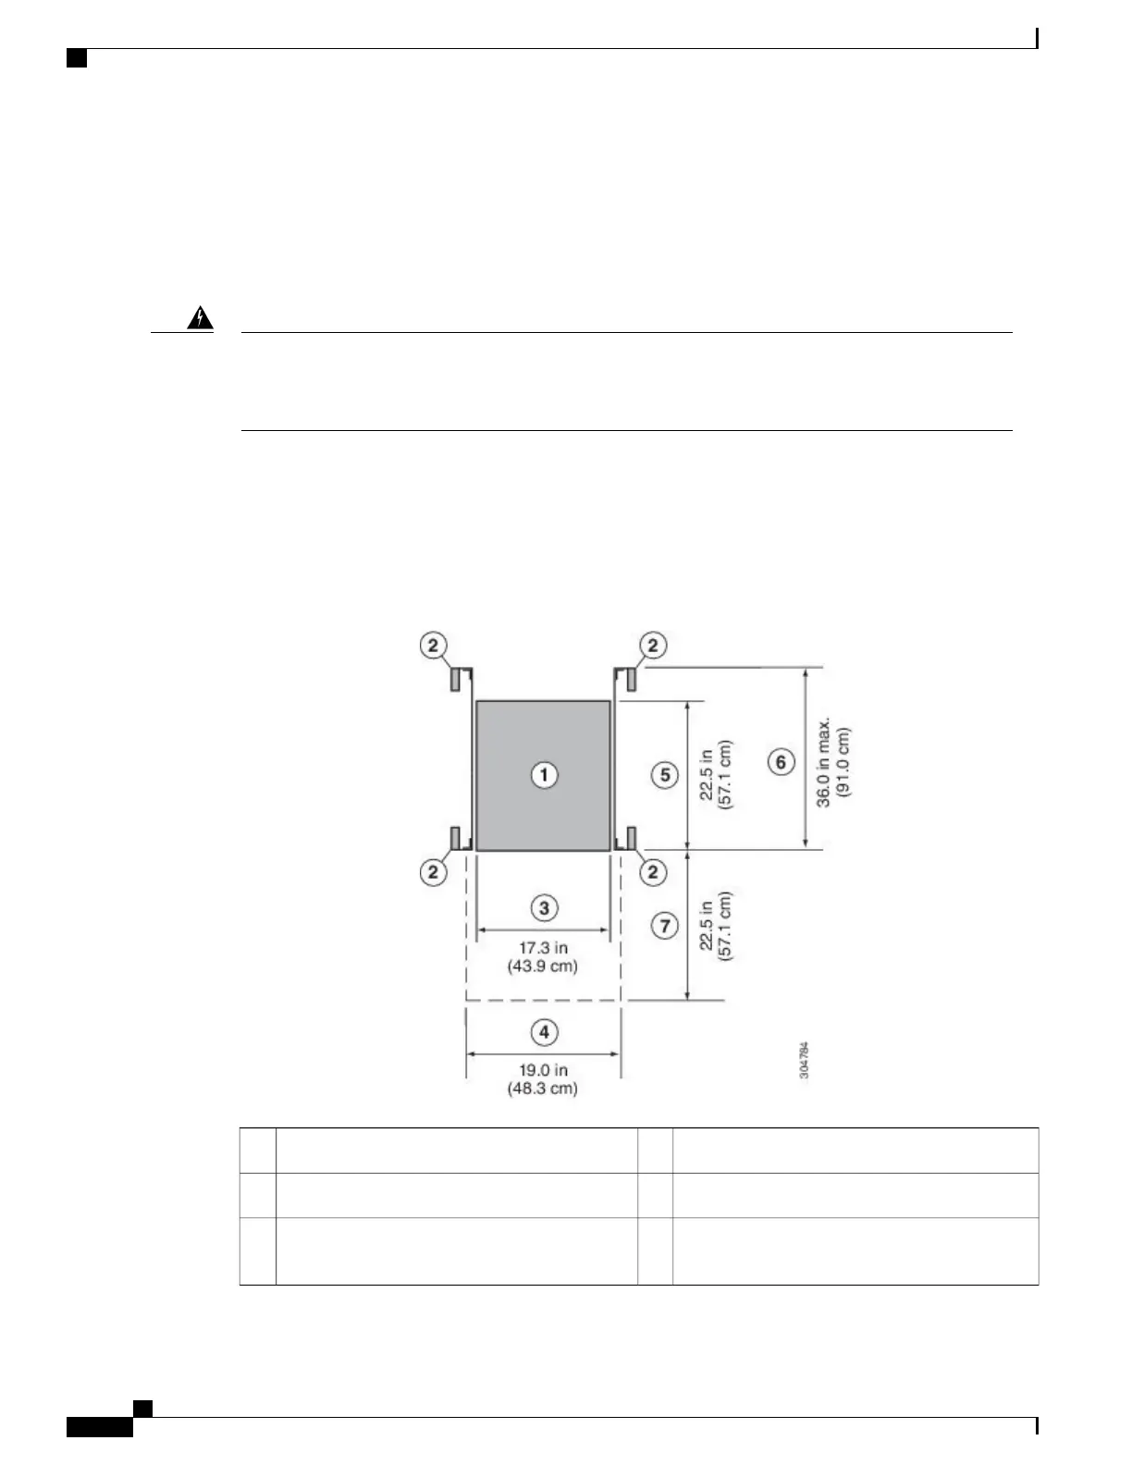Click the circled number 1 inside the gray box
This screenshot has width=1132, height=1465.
(x=544, y=774)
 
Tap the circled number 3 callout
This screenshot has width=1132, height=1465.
(x=544, y=907)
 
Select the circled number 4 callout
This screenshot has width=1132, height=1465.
(x=544, y=1031)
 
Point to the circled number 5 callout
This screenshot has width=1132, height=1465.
(x=665, y=774)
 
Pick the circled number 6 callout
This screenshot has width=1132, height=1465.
(x=781, y=762)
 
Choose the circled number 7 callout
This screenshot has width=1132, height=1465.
(x=665, y=925)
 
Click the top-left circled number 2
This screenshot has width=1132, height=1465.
(x=434, y=645)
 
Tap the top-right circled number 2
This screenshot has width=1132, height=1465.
(x=653, y=645)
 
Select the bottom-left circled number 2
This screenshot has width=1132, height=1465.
(x=434, y=871)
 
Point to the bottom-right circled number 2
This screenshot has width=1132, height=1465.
(x=653, y=871)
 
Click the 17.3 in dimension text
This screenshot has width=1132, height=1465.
(x=543, y=948)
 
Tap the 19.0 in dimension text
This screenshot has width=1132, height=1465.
(x=543, y=1071)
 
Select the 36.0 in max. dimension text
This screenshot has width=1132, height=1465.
(x=823, y=761)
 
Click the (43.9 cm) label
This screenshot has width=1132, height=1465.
(x=543, y=966)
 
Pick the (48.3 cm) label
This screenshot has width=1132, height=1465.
(x=543, y=1089)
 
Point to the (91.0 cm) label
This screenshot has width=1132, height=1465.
(x=843, y=761)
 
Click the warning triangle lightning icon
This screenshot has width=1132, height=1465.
(x=200, y=319)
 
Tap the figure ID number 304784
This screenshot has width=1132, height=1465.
(x=805, y=1060)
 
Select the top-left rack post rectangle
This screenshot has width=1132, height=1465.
(x=457, y=679)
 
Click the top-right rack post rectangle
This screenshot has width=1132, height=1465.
(x=631, y=679)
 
